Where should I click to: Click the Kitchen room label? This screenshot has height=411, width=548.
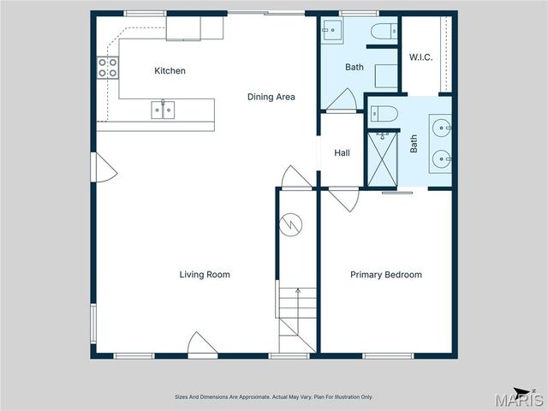click(170, 71)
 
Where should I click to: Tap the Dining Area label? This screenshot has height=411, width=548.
click(271, 97)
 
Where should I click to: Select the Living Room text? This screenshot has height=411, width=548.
click(205, 275)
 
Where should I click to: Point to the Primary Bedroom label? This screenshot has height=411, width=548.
click(386, 275)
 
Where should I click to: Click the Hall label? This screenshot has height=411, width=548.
click(342, 153)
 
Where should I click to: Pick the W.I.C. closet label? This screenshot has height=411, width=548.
click(420, 57)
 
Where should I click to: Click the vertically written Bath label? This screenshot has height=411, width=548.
click(414, 143)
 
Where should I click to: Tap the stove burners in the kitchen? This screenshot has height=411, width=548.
click(107, 68)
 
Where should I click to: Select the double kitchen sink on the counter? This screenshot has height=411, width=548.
click(163, 110)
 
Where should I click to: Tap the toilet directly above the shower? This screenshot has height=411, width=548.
click(382, 113)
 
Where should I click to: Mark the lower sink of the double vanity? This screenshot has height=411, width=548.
click(441, 158)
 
